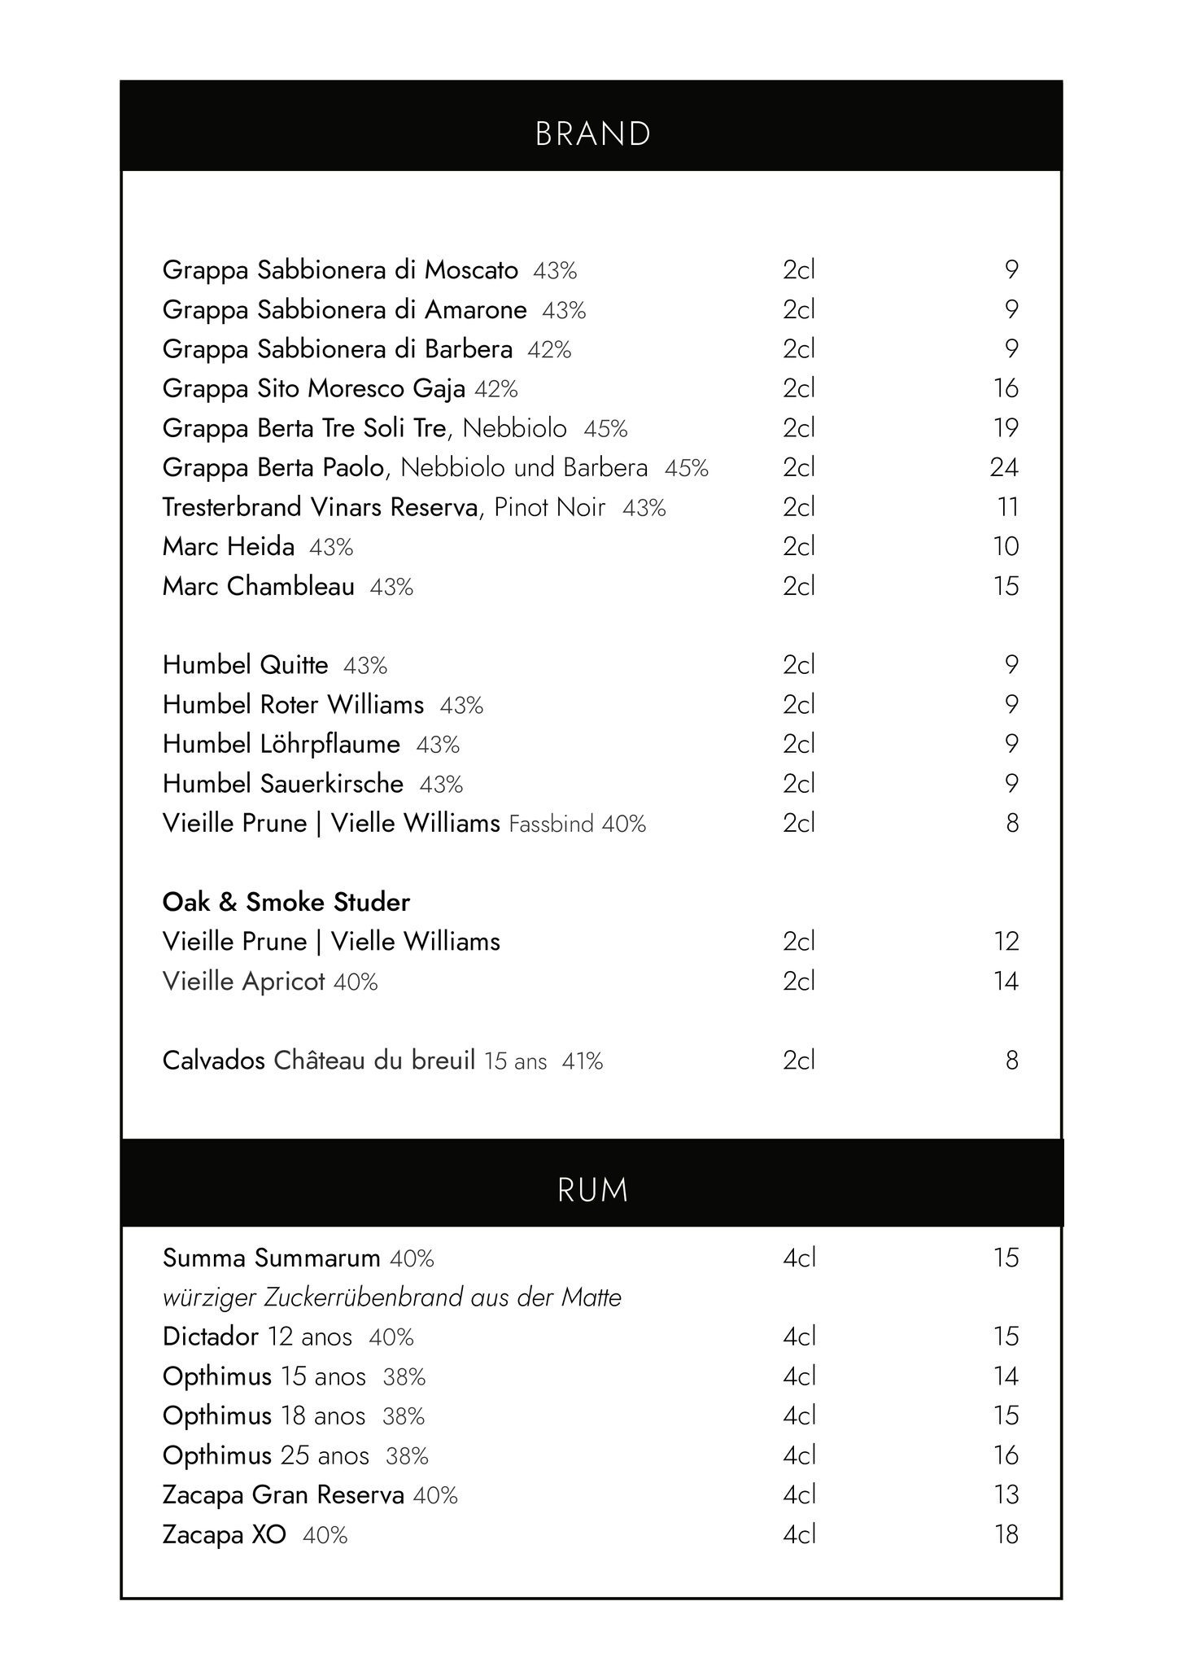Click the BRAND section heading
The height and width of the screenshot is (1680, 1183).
tap(592, 134)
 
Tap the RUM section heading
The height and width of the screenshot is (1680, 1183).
tap(592, 1190)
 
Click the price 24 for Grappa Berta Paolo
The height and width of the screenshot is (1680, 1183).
tap(1004, 467)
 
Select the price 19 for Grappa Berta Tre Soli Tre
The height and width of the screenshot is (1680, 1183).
tap(1006, 427)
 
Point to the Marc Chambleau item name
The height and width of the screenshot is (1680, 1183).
tap(259, 586)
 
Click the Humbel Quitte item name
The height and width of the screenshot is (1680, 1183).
tap(246, 665)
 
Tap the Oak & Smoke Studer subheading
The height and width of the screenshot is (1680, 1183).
tap(286, 902)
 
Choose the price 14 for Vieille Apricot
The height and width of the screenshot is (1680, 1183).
tap(1006, 981)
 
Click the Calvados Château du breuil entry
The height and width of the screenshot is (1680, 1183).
tap(382, 1061)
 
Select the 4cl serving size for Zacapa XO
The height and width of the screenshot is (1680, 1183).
tap(799, 1534)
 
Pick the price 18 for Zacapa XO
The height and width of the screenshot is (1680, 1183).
tap(1006, 1534)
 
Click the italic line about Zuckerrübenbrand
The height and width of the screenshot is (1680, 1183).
tap(392, 1297)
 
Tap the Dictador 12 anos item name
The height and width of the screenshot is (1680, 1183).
tap(257, 1337)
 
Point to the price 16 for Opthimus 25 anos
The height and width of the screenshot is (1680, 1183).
tap(1006, 1455)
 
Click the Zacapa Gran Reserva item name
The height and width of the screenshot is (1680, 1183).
tap(283, 1494)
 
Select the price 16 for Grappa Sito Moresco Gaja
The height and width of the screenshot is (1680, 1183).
tap(1006, 388)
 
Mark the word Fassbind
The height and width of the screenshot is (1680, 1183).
tap(551, 825)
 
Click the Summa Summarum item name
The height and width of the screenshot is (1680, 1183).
tap(272, 1258)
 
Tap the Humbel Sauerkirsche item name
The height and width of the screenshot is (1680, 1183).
tap(283, 784)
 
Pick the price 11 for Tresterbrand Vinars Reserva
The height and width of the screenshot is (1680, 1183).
tap(1007, 507)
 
